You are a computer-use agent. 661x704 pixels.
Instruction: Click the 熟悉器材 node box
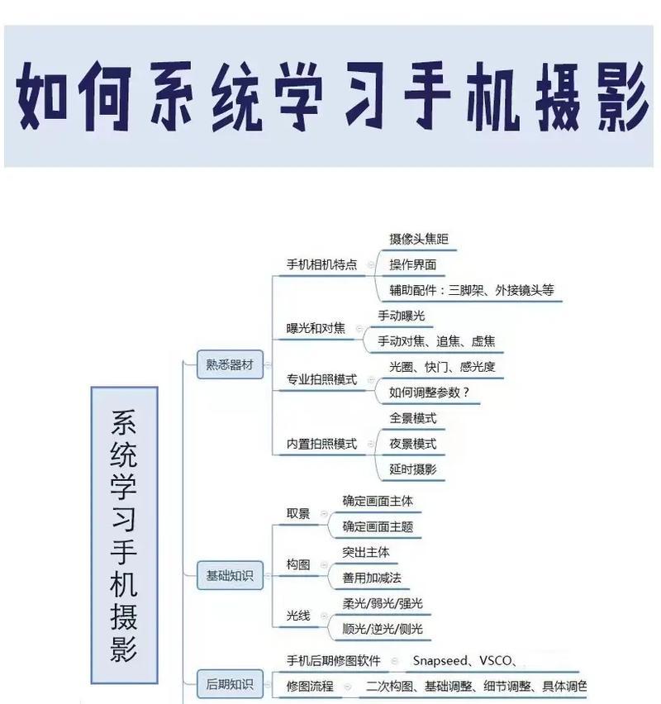pyautogui.click(x=230, y=364)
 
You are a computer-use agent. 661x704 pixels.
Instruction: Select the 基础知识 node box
pyautogui.click(x=230, y=575)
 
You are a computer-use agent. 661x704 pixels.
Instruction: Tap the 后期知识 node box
pyautogui.click(x=230, y=684)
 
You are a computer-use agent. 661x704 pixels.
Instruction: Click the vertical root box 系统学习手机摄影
pyautogui.click(x=125, y=535)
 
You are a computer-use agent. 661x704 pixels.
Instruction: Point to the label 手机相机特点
pyautogui.click(x=321, y=264)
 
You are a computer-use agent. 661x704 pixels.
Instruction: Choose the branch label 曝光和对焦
pyautogui.click(x=316, y=328)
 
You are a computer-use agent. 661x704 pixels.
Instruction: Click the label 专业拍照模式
pyautogui.click(x=321, y=379)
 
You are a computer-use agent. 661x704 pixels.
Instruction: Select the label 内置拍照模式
pyautogui.click(x=321, y=444)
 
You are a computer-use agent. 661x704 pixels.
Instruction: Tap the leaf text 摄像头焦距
pyautogui.click(x=419, y=239)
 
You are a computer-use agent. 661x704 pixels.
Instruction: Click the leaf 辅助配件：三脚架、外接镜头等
pyautogui.click(x=472, y=290)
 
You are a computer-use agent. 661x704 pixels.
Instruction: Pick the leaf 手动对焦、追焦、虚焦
pyautogui.click(x=436, y=341)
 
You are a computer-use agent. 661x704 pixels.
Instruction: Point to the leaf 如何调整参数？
pyautogui.click(x=430, y=392)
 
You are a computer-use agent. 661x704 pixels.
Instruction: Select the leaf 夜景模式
pyautogui.click(x=412, y=444)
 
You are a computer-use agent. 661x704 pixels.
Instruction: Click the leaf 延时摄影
pyautogui.click(x=412, y=469)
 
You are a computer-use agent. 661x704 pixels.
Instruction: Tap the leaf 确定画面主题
pyautogui.click(x=378, y=526)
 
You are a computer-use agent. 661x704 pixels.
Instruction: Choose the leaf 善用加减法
pyautogui.click(x=372, y=578)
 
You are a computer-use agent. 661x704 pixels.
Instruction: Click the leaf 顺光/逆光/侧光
pyautogui.click(x=383, y=629)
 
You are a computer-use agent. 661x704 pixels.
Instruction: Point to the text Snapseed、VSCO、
pyautogui.click(x=464, y=660)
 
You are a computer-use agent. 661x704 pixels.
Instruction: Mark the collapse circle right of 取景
pyautogui.click(x=324, y=514)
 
